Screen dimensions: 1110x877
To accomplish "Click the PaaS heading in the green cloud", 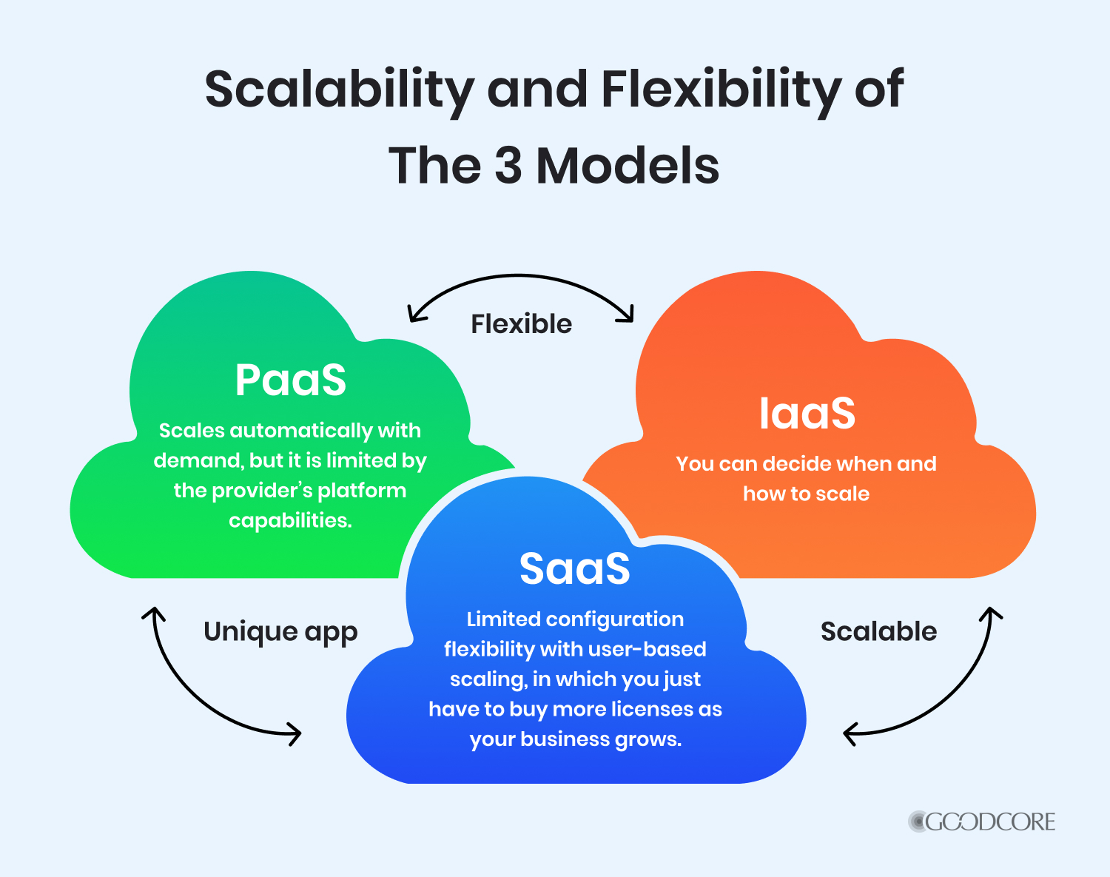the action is point(290,380).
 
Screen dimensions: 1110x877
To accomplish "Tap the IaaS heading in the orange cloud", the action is point(807,413).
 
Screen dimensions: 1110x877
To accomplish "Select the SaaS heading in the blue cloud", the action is point(574,568).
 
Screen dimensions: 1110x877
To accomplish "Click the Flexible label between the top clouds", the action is point(522,324).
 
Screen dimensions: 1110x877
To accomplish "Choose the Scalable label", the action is point(879,631).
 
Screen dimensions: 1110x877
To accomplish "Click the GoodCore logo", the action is point(981,821).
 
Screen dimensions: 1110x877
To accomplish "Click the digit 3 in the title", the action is point(508,166).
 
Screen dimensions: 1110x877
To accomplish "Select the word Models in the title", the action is point(628,165).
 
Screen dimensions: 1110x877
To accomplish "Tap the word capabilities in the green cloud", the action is point(290,520).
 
